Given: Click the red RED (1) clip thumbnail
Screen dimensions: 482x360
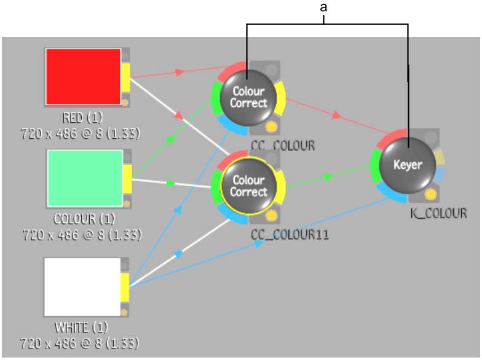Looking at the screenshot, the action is (x=83, y=76).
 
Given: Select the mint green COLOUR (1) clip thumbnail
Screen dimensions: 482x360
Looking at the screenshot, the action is (x=85, y=178).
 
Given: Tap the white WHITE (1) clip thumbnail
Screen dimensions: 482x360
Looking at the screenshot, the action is (x=82, y=287).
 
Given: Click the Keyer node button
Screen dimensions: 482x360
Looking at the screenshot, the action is (x=407, y=165).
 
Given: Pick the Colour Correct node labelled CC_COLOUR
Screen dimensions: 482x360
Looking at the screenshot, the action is (x=248, y=98).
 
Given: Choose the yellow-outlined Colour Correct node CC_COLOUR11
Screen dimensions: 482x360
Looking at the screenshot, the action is (x=248, y=186).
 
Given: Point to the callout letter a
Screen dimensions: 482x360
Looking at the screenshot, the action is (x=323, y=7).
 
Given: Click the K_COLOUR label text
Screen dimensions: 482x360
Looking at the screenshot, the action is (x=439, y=213).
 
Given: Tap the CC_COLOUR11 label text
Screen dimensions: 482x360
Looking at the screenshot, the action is (x=290, y=235).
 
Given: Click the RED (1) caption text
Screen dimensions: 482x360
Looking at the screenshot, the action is (x=82, y=118).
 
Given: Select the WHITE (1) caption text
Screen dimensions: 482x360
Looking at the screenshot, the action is (x=81, y=327).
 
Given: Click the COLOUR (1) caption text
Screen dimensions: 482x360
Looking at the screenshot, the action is (x=84, y=219).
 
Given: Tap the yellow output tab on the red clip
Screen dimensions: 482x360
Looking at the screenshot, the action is (x=125, y=77).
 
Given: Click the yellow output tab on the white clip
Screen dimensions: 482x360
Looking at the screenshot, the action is (x=125, y=288).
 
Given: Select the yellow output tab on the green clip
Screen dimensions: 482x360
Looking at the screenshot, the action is (x=127, y=179).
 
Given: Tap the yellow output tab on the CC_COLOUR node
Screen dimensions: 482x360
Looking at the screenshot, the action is (x=280, y=98).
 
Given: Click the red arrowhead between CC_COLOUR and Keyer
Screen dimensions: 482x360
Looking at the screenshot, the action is (x=337, y=115).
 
